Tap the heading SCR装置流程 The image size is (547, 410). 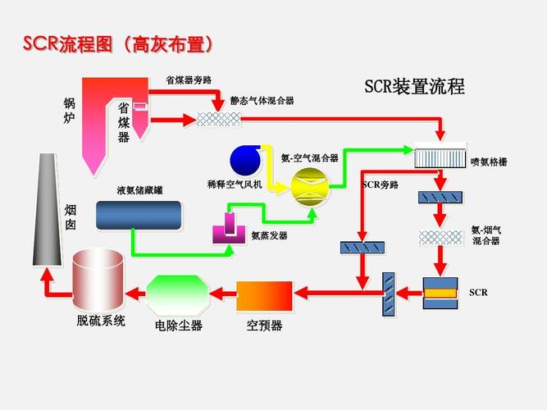coord(414,86)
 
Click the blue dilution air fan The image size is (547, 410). coord(245,158)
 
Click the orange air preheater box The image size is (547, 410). coord(264,294)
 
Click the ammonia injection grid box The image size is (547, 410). coord(440,157)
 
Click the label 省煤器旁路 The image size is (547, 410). coord(189,80)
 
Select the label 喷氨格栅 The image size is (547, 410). coord(489,162)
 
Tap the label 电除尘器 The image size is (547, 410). coord(179,326)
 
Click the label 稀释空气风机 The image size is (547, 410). coord(235,185)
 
